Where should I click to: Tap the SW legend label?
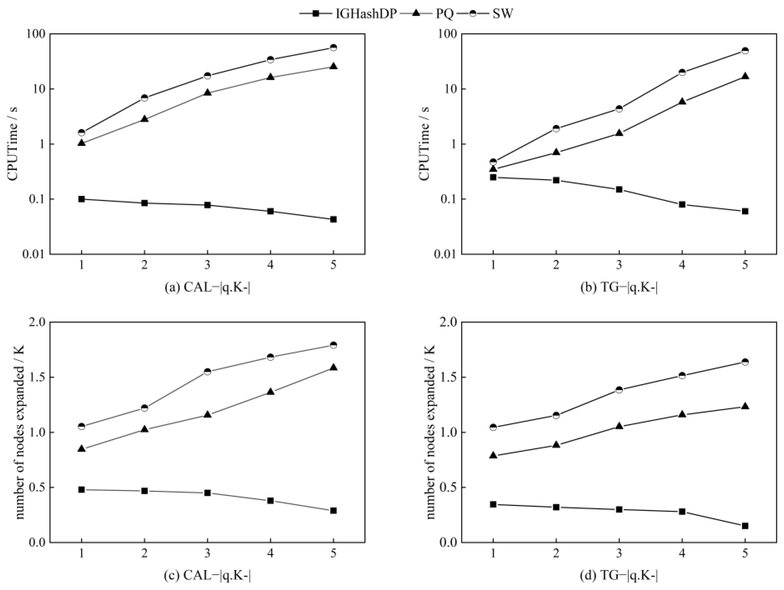[x=503, y=14]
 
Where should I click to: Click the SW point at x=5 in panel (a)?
[x=333, y=47]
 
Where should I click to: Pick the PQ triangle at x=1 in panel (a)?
[x=82, y=143]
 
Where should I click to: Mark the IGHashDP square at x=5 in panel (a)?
[x=333, y=219]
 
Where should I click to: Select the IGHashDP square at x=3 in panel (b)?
[x=619, y=189]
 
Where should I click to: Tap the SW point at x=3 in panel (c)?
[x=207, y=371]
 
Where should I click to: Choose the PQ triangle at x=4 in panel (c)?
[x=270, y=392]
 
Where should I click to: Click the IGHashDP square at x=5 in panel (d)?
[x=745, y=526]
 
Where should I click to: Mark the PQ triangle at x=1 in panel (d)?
[x=493, y=456]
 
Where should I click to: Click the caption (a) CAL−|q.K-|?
[x=207, y=288]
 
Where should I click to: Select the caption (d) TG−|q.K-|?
[x=619, y=576]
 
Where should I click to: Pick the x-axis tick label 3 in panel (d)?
[x=619, y=553]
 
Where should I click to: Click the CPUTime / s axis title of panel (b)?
[x=425, y=144]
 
